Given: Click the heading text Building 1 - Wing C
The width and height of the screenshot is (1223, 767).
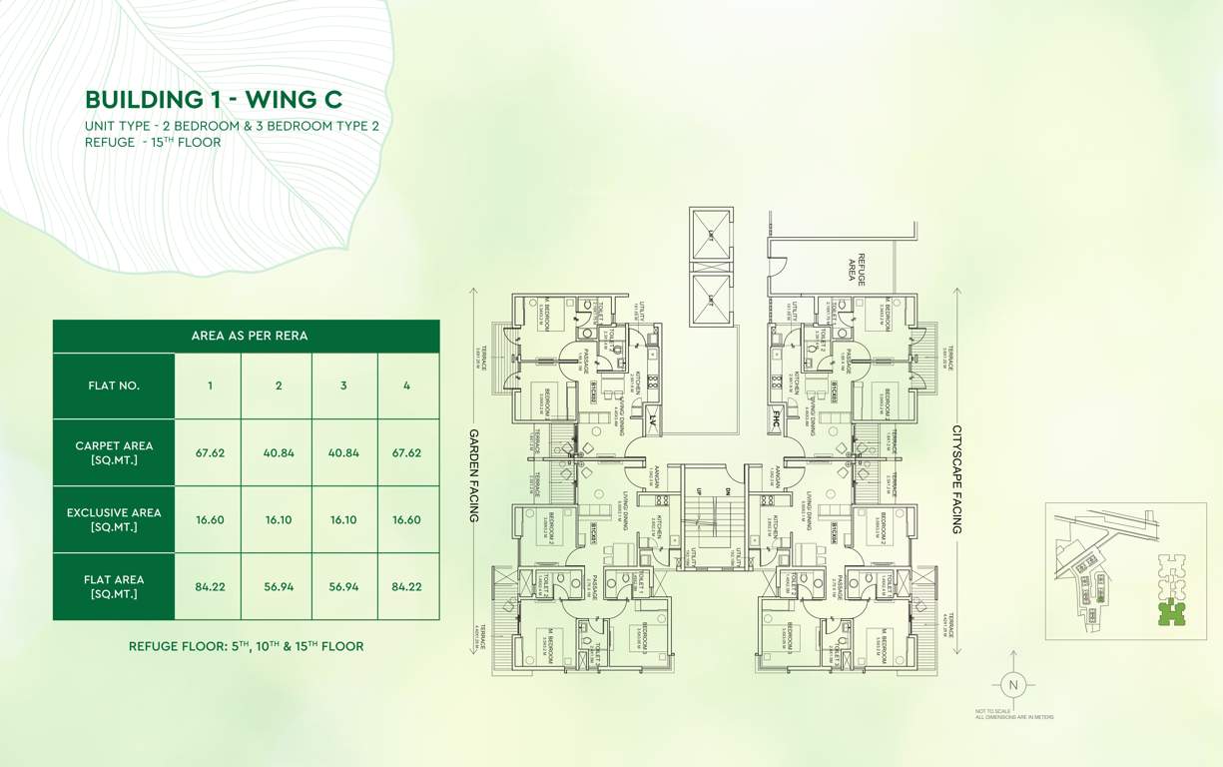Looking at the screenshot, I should tap(214, 99).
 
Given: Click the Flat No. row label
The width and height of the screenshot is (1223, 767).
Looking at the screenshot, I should tap(114, 385).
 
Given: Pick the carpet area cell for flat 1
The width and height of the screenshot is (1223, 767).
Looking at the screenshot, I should tap(210, 452).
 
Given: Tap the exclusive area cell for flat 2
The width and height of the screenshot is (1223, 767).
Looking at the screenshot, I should tap(279, 519).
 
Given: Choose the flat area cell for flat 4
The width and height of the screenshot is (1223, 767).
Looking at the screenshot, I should tap(406, 586).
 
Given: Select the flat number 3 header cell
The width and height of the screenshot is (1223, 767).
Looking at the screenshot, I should tap(343, 385).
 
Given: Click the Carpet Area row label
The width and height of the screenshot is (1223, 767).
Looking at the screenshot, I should tap(114, 452).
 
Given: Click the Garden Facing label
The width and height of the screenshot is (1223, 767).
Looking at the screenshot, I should tap(474, 476).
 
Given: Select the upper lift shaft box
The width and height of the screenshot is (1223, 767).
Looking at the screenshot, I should tap(711, 236).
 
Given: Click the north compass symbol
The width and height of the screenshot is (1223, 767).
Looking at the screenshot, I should tap(1012, 685).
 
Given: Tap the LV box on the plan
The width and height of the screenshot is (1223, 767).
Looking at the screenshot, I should tap(653, 417).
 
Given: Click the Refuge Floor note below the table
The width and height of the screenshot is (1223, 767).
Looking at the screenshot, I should tap(246, 646).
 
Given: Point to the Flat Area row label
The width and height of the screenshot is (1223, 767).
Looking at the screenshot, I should tap(114, 586).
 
